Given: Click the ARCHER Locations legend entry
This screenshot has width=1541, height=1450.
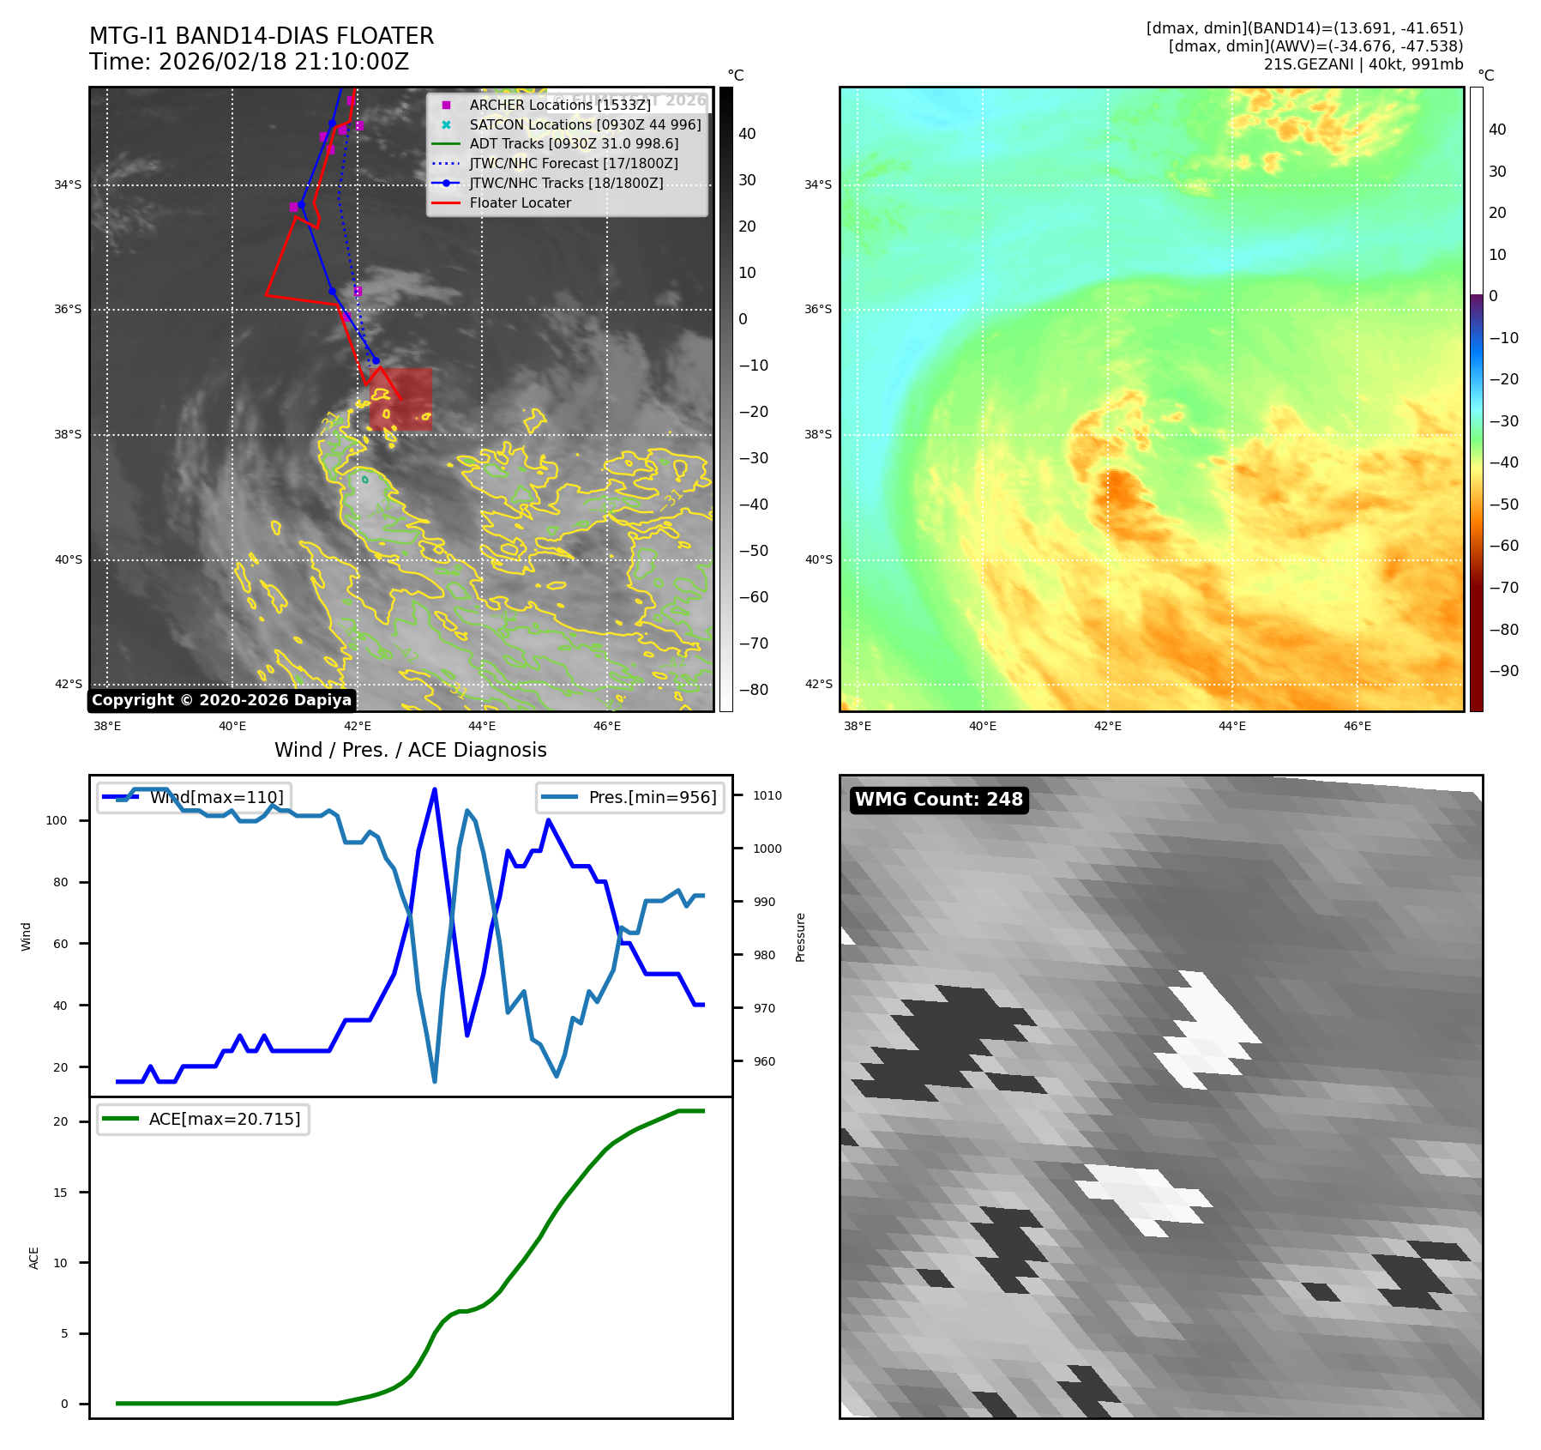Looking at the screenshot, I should (x=560, y=105).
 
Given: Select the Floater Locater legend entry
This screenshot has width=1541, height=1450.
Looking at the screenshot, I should (x=520, y=203).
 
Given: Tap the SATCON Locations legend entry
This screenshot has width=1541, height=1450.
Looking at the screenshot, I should (x=585, y=124).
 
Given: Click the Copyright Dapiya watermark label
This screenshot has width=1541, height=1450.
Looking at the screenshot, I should (x=221, y=700).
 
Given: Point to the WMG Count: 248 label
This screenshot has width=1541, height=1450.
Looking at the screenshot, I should (x=939, y=800).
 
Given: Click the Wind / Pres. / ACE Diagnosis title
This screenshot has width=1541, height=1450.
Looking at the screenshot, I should (x=410, y=750).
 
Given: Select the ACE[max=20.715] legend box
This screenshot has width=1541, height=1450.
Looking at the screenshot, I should (x=203, y=1119).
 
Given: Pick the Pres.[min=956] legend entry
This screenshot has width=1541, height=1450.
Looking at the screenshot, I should (x=631, y=797).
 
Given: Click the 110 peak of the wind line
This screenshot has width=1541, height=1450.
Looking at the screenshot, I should (x=435, y=789).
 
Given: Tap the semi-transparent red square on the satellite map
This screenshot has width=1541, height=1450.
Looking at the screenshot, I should (x=401, y=399).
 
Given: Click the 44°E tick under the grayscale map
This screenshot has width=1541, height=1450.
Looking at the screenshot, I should (x=482, y=726).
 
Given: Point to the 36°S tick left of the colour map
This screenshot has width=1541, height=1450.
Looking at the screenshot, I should (x=817, y=310).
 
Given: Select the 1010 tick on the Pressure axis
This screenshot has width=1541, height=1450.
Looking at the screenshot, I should (x=767, y=795).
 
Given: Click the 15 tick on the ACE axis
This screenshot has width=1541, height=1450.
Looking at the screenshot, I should (x=60, y=1193).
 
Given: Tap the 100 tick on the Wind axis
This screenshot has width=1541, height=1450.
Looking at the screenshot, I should (x=56, y=820).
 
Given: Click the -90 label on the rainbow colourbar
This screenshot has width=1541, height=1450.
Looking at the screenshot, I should (x=1503, y=671).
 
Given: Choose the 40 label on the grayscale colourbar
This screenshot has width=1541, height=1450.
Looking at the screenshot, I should (x=747, y=134).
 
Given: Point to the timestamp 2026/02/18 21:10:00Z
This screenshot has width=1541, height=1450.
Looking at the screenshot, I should (x=284, y=63).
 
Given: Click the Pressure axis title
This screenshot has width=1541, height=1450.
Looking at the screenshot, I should (x=800, y=937).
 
